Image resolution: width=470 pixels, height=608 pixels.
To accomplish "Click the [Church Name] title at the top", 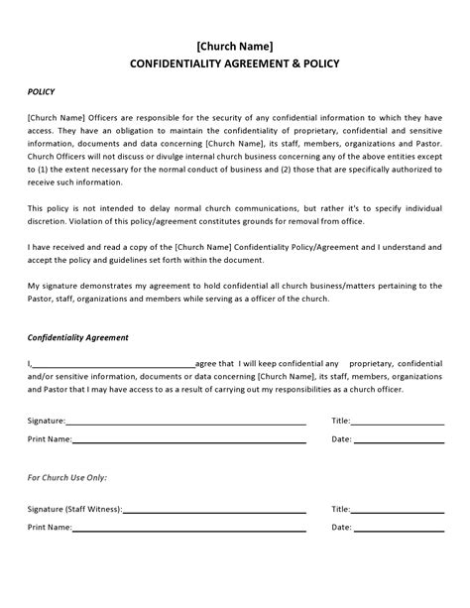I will (234, 46).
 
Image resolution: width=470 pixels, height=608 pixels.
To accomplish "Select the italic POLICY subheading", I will (41, 91).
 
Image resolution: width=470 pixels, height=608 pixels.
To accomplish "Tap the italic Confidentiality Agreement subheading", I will (77, 337).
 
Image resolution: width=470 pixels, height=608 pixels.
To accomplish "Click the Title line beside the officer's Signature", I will (398, 422).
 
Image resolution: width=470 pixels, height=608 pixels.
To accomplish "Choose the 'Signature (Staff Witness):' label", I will (74, 509).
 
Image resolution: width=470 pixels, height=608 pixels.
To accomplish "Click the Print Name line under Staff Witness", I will (188, 529).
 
